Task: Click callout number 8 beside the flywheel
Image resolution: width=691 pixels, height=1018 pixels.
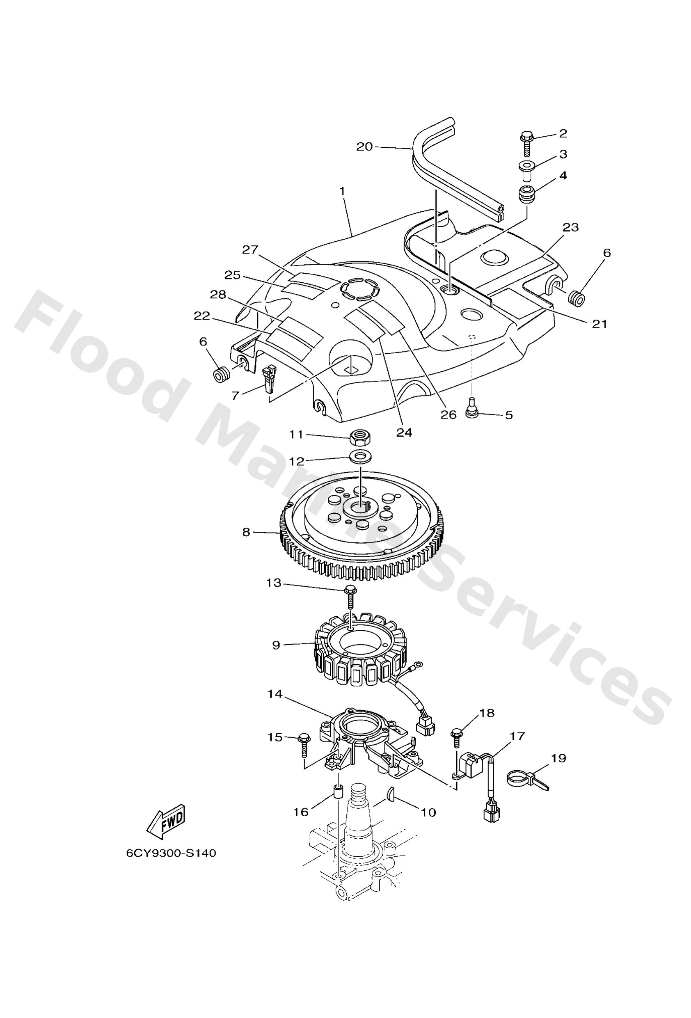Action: pyautogui.click(x=246, y=532)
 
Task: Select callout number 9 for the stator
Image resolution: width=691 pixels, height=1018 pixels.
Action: pyautogui.click(x=276, y=645)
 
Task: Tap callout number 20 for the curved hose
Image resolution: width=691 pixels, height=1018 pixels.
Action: pyautogui.click(x=364, y=146)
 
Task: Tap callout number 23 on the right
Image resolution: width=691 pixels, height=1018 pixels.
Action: pyautogui.click(x=571, y=227)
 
